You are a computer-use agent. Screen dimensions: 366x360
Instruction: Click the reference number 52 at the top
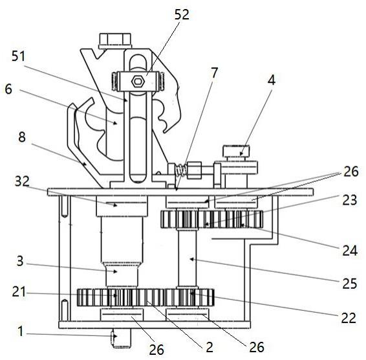point(182,14)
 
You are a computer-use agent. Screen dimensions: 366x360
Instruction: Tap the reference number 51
point(19,56)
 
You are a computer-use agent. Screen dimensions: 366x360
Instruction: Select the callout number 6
point(8,89)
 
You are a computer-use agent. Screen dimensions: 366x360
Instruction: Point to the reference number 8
point(22,137)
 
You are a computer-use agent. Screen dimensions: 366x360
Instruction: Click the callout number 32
point(22,181)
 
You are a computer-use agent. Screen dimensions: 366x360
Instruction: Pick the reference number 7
point(214,73)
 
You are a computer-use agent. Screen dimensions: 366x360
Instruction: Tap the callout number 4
point(271,80)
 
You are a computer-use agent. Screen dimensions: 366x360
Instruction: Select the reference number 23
point(349,200)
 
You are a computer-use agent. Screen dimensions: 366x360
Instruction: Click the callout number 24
point(350,251)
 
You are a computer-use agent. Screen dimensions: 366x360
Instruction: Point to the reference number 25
point(349,284)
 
